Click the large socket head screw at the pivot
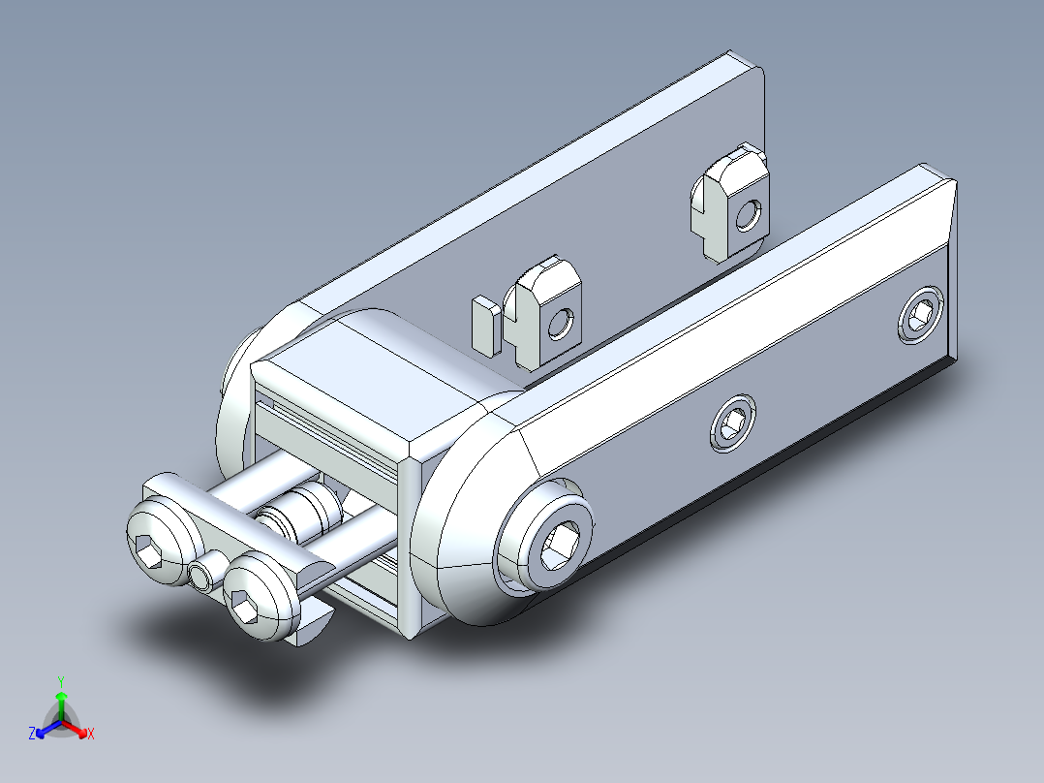pos(544,539)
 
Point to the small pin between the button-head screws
pos(201,577)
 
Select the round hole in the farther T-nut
pos(747,214)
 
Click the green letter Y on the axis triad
pos(60,680)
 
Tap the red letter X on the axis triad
pos(91,735)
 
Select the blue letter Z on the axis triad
pos(32,735)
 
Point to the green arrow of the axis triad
pos(61,701)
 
